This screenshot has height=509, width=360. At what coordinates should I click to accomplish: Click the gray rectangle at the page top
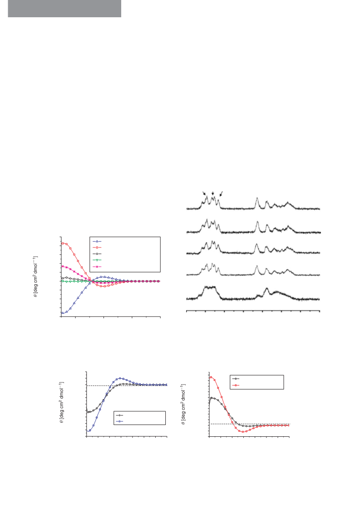(x=64, y=9)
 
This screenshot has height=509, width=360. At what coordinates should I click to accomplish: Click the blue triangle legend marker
(x=97, y=242)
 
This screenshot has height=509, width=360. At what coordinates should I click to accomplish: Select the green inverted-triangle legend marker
(x=97, y=260)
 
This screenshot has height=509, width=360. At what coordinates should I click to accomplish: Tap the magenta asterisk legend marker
(x=97, y=267)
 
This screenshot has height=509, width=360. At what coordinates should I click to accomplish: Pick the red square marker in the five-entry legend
(x=97, y=247)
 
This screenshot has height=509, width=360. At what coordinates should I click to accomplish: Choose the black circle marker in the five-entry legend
(x=97, y=253)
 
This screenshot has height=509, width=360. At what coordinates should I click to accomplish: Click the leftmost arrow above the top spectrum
(x=204, y=193)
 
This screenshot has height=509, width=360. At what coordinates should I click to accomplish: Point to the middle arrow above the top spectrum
(x=212, y=193)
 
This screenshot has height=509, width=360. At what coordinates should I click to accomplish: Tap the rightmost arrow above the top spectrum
(x=221, y=194)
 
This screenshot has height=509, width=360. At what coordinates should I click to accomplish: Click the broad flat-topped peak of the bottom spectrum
(x=210, y=287)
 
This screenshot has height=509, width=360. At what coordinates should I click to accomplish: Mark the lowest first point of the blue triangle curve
(x=63, y=312)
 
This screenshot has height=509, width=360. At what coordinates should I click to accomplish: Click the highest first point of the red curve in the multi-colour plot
(x=63, y=243)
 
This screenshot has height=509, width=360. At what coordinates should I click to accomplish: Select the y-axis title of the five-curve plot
(x=35, y=277)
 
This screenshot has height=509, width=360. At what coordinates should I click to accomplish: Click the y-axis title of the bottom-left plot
(x=61, y=402)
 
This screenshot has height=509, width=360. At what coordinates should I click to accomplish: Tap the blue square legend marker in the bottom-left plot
(x=119, y=421)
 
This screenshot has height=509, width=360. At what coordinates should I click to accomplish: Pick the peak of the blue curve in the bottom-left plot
(x=120, y=378)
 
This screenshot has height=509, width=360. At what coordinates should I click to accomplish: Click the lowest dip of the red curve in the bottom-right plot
(x=242, y=432)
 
